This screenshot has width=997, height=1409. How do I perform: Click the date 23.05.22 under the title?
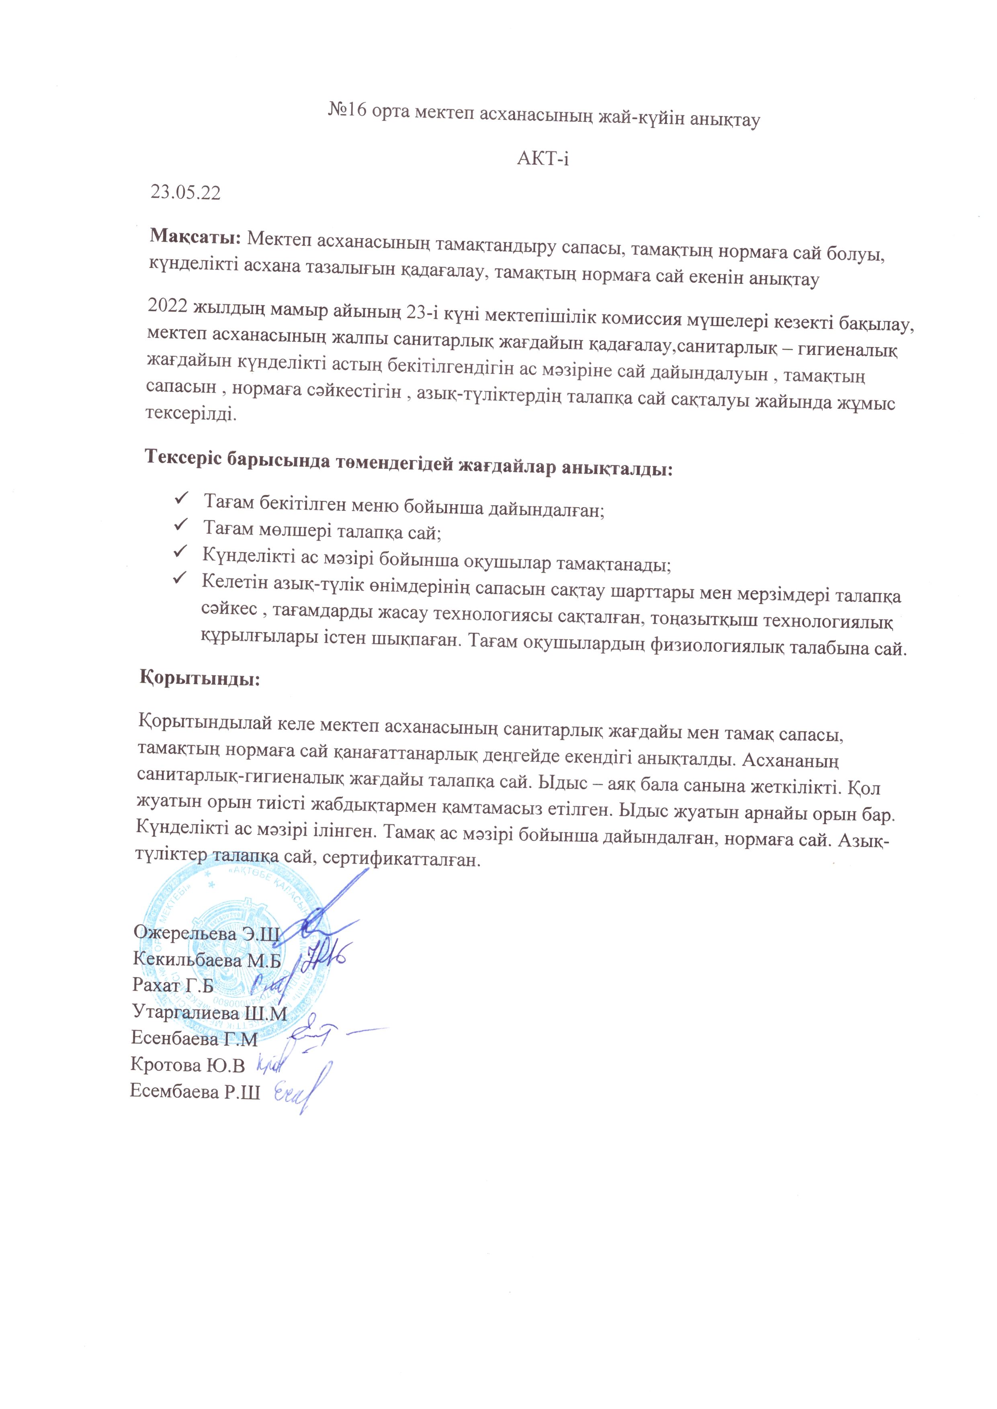click(x=185, y=193)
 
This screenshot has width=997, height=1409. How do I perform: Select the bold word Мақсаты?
click(x=197, y=236)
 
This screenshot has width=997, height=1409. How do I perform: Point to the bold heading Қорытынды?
click(x=200, y=679)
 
